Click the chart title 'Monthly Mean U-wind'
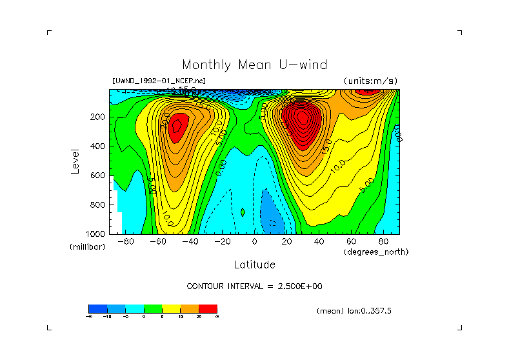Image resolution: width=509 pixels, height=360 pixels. coord(254,65)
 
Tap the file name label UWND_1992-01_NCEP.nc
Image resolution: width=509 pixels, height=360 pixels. coord(159,81)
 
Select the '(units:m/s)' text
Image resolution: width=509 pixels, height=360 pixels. coord(370,81)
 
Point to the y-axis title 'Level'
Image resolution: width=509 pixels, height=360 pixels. coord(75,161)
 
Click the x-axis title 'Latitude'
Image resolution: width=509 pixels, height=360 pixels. coord(254,265)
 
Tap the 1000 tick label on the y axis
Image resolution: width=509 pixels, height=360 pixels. coord(96,233)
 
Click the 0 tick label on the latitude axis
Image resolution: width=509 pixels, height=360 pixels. coord(254,241)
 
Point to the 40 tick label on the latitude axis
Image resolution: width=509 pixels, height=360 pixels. coord(319,241)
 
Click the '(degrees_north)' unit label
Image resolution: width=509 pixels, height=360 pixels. coord(376,251)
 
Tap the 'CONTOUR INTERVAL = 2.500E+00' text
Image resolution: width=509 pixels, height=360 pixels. coord(254,286)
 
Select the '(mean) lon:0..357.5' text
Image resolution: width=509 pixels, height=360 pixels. coord(354,311)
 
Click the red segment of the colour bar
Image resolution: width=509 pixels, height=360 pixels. coord(208,309)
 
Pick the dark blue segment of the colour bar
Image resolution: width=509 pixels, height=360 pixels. coord(97,309)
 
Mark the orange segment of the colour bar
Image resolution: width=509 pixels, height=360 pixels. coord(190,309)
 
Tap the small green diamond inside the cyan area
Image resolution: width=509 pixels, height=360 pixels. coord(243,212)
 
